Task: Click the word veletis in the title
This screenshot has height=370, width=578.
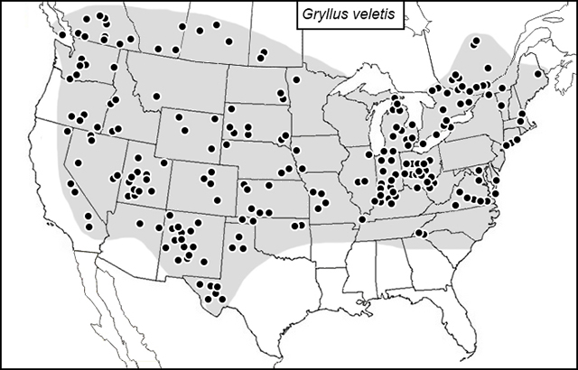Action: tap(372, 16)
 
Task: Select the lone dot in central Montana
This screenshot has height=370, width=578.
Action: tap(156, 95)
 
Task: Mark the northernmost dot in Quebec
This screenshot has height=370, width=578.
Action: tap(476, 41)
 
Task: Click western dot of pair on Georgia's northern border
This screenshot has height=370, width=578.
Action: tap(418, 234)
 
